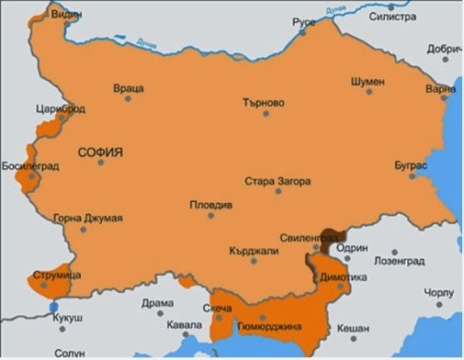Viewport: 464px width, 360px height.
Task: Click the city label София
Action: pos(102,151)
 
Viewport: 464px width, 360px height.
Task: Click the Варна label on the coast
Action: pos(440,90)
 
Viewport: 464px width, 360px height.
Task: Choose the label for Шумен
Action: pos(367,81)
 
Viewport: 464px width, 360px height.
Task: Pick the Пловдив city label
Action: pos(210,205)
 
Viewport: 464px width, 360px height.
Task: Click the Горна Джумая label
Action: pos(88,219)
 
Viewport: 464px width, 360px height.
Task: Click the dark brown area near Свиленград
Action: pos(331,238)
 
